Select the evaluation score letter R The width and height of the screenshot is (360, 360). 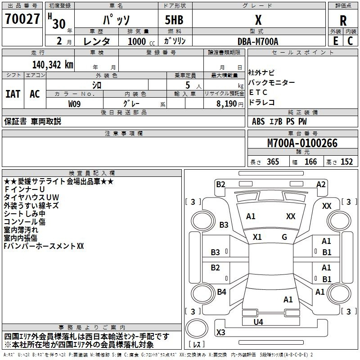pyautogui.click(x=343, y=21)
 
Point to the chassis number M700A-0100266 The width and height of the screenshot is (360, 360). pyautogui.click(x=302, y=144)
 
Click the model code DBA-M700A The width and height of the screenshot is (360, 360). pyautogui.click(x=258, y=41)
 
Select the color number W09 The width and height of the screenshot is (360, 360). pyautogui.click(x=75, y=103)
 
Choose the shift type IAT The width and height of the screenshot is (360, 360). pyautogui.click(x=13, y=94)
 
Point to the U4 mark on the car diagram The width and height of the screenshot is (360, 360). pyautogui.click(x=258, y=322)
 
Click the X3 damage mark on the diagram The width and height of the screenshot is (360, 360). pyautogui.click(x=220, y=333)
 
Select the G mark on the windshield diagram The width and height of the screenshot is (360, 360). pyautogui.click(x=284, y=237)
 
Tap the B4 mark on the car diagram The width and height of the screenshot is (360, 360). pyautogui.click(x=221, y=292)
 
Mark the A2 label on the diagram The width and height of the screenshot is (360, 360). pyautogui.click(x=321, y=184)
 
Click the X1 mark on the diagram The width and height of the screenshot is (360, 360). pyautogui.click(x=257, y=237)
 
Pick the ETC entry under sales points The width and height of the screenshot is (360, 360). pyautogui.click(x=258, y=92)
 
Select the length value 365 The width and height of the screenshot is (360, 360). pyautogui.click(x=272, y=162)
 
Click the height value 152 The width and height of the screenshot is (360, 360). pyautogui.click(x=346, y=162)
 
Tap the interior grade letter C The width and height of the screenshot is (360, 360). pyautogui.click(x=351, y=40)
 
